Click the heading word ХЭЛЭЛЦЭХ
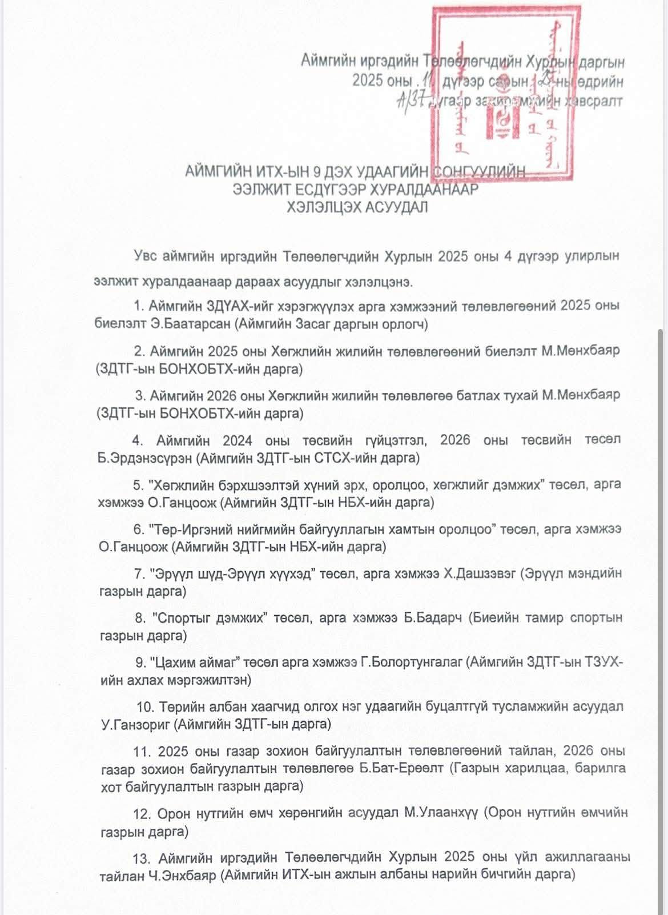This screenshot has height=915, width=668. click(x=325, y=207)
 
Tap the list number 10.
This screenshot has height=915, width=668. click(x=144, y=707)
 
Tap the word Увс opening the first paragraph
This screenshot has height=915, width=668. click(x=146, y=256)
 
